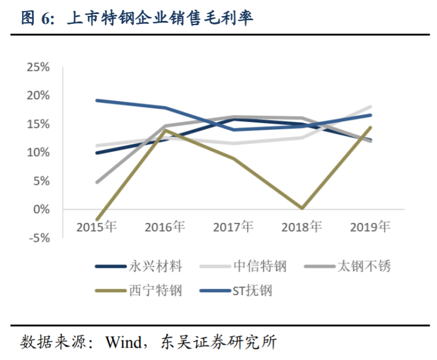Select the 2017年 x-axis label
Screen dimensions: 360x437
click(x=234, y=227)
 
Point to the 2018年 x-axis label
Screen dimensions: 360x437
click(x=302, y=227)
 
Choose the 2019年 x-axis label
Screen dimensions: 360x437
click(x=370, y=227)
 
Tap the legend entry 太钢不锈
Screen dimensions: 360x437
click(x=364, y=266)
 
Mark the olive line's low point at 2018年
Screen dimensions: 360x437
click(x=302, y=208)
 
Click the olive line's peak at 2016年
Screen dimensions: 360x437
click(x=165, y=130)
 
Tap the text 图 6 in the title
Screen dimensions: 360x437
click(x=37, y=18)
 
